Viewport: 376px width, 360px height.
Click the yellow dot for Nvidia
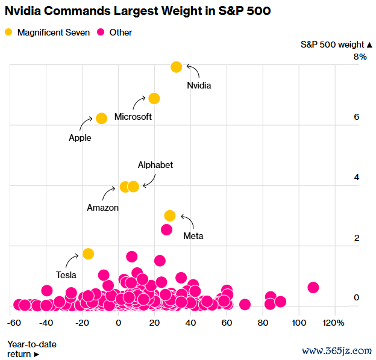coord(176,67)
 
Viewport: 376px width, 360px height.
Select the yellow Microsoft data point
coord(154,98)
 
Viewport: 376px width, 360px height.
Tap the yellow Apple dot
coord(101,118)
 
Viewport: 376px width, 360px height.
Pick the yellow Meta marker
coord(170,216)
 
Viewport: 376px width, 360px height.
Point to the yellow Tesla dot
coord(88,253)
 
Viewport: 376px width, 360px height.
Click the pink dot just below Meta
coord(167,229)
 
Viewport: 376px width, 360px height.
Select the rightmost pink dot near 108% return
coord(313,287)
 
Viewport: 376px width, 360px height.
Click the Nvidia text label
coord(199,85)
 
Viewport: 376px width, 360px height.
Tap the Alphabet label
coord(155,165)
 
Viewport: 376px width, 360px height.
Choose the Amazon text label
coord(103,208)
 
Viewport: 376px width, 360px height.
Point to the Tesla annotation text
coord(66,275)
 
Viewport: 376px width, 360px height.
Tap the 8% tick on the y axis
coord(360,57)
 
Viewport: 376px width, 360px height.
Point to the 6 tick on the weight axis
coord(357,117)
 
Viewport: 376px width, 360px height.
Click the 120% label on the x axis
coord(334,323)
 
